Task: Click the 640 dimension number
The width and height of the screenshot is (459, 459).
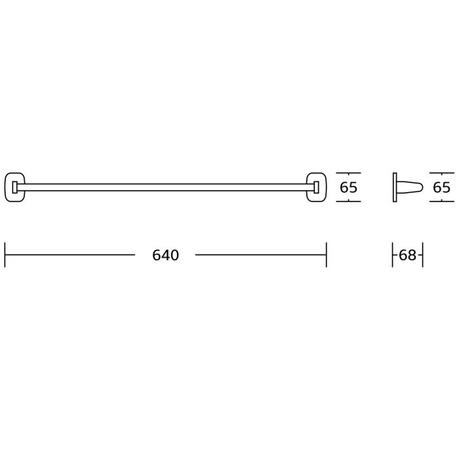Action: [x=165, y=255]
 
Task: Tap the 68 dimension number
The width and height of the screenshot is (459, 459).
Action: [x=407, y=255]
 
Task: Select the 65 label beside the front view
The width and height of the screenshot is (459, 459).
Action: [x=348, y=188]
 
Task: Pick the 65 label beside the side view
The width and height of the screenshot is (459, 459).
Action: [x=441, y=188]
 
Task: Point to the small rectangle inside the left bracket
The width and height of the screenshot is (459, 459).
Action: [x=14, y=188]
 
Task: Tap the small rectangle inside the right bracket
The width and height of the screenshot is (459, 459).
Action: [x=317, y=188]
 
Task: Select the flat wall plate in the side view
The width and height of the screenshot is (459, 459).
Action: [x=395, y=188]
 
